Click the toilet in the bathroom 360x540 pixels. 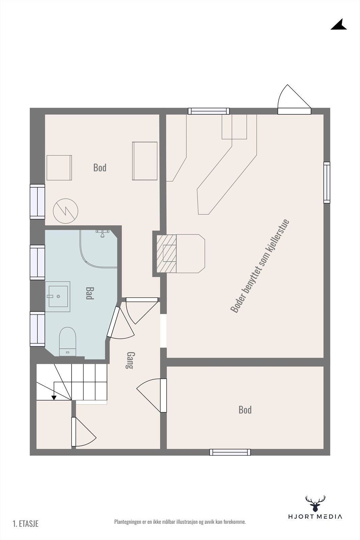(68, 341)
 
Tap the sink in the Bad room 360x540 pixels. (59, 296)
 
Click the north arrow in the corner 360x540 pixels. (339, 25)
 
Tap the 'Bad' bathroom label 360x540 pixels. (89, 293)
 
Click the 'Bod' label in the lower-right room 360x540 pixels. (245, 410)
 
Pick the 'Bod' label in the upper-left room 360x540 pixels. (100, 167)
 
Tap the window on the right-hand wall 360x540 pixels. (327, 182)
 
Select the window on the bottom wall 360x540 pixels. (230, 452)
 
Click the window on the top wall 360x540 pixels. (209, 111)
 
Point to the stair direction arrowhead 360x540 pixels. (54, 398)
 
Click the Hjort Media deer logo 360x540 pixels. (315, 504)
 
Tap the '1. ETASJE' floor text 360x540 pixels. (26, 523)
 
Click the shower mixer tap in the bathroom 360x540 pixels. (102, 233)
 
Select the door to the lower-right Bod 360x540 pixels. (163, 395)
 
